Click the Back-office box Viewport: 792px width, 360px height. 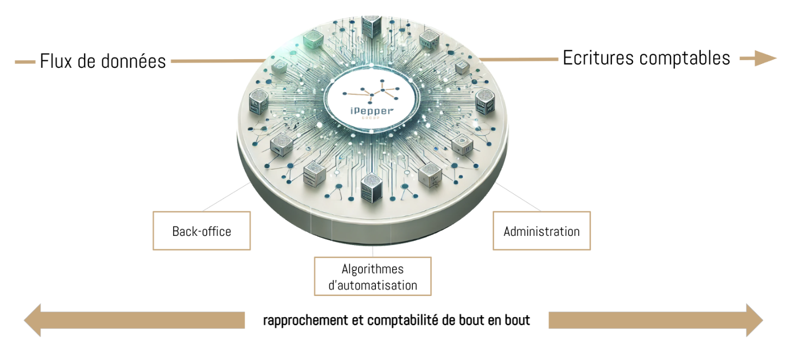click(202, 231)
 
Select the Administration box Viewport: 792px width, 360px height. click(541, 231)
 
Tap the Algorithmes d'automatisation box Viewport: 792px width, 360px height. click(373, 277)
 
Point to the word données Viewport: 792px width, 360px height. click(134, 61)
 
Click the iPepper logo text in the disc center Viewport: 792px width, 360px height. click(372, 112)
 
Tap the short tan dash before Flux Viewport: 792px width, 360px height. click(25, 62)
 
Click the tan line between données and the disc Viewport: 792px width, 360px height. click(217, 61)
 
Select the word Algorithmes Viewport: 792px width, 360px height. click(373, 269)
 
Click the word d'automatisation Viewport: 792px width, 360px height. click(373, 285)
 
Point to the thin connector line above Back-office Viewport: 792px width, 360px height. click(225, 198)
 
